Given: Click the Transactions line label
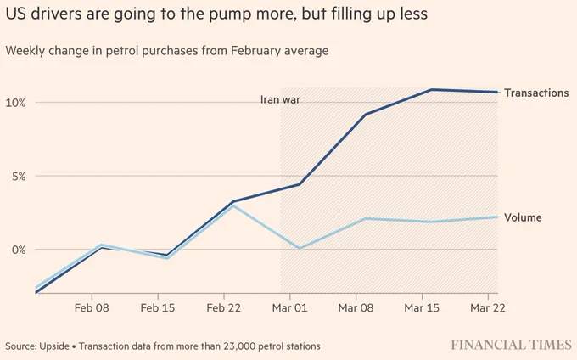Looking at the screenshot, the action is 536,93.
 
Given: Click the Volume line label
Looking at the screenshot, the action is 523,217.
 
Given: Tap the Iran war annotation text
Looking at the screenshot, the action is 280,99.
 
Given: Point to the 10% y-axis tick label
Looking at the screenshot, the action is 15,103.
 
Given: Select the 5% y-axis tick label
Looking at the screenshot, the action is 19,177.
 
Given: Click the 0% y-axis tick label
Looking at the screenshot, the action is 19,250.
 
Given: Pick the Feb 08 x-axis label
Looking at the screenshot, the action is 92,307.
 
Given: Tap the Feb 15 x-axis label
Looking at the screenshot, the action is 158,307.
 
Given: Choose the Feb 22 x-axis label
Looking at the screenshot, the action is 224,307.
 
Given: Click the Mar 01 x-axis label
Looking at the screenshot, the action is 289,307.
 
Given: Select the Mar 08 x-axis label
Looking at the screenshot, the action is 356,307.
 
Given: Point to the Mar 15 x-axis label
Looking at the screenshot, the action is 422,307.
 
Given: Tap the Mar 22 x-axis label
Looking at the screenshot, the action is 488,307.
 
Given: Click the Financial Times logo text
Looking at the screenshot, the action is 512,345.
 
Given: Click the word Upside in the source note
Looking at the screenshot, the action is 54,346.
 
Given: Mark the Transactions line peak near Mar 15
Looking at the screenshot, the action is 431,89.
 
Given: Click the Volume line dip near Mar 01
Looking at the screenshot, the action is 300,249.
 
